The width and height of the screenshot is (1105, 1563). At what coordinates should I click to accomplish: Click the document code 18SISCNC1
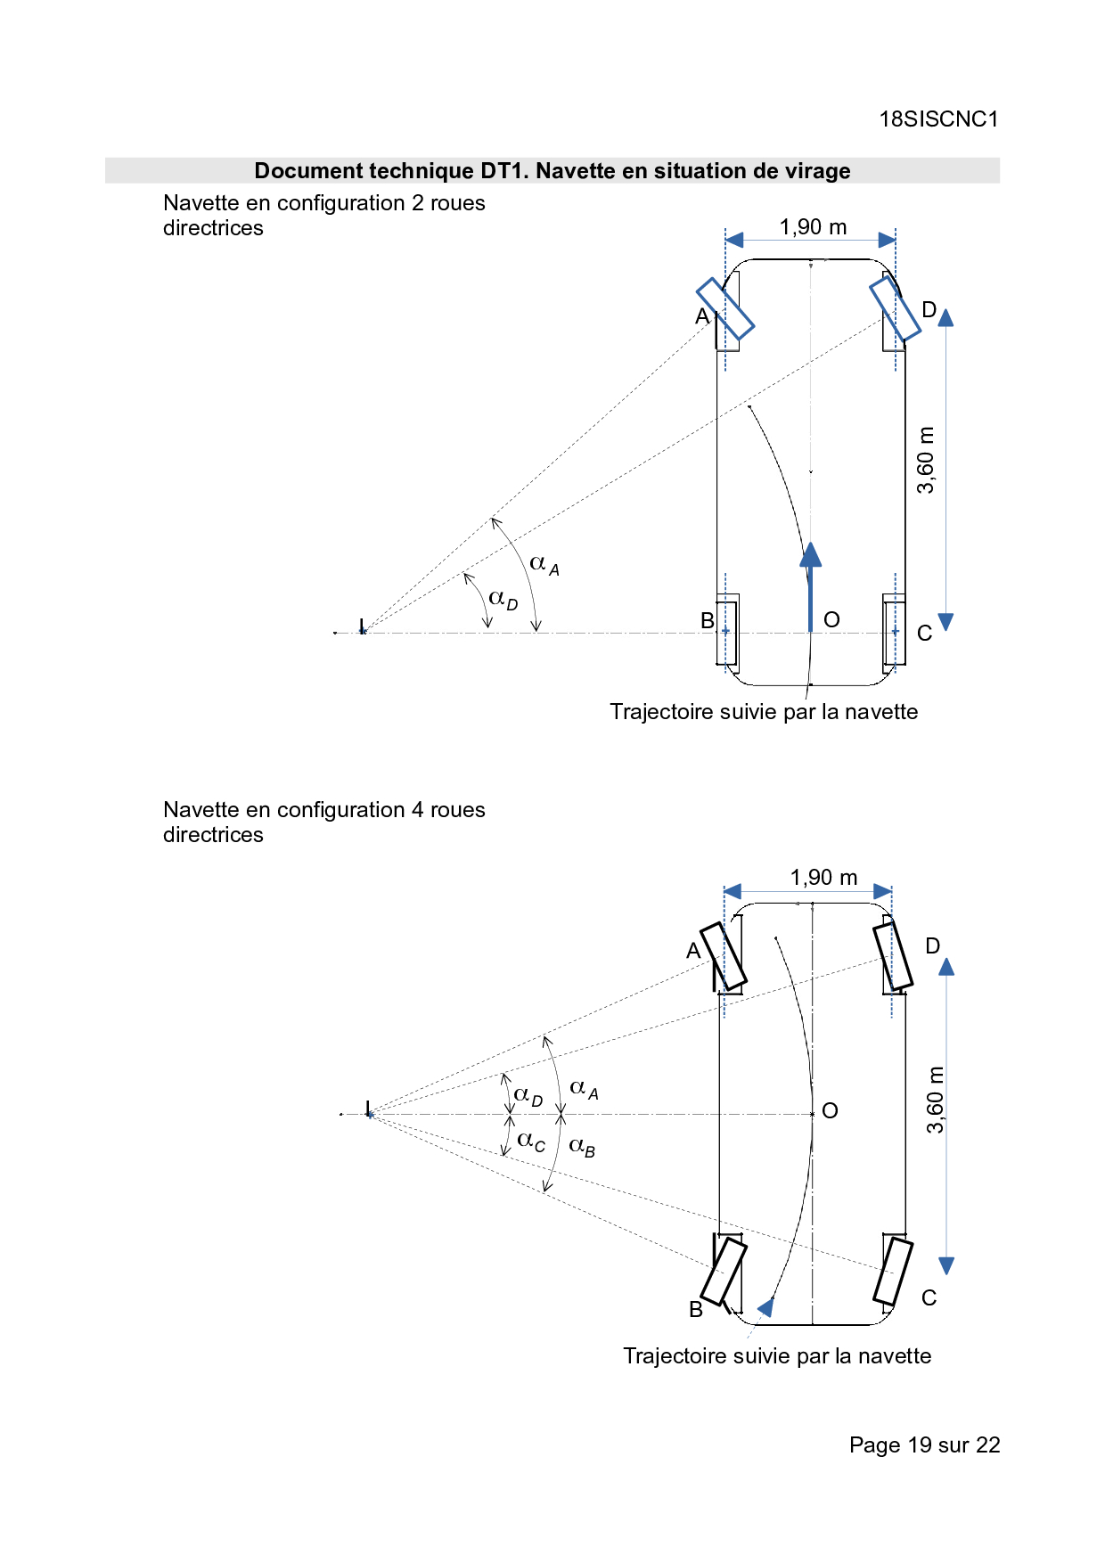[938, 119]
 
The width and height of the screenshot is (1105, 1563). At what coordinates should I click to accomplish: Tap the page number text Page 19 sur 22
[924, 1445]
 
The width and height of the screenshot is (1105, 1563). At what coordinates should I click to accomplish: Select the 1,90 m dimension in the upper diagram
[813, 227]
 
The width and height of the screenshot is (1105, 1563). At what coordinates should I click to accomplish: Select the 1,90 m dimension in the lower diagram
[823, 878]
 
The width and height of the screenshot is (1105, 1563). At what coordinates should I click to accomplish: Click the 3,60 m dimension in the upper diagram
[927, 460]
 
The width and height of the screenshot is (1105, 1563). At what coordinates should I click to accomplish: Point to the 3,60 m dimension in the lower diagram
[935, 1100]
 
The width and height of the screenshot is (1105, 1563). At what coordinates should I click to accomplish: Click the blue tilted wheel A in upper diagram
[725, 308]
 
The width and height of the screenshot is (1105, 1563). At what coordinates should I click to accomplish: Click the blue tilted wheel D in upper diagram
[895, 308]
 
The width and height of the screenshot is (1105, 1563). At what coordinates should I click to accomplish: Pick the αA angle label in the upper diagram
[544, 564]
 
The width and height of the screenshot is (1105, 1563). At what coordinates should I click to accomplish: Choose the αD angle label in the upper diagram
[503, 599]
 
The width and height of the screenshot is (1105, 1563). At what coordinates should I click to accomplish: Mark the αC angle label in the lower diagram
[531, 1142]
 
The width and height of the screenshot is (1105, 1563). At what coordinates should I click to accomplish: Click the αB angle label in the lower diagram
[582, 1146]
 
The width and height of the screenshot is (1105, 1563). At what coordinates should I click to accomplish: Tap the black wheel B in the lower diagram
[724, 1272]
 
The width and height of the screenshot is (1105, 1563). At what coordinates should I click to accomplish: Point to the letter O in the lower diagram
[830, 1111]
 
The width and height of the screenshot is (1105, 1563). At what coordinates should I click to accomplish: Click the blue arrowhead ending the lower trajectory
[765, 1307]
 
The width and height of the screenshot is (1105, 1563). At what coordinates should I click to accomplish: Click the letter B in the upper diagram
[708, 621]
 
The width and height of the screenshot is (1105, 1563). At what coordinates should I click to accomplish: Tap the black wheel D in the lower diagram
[893, 956]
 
